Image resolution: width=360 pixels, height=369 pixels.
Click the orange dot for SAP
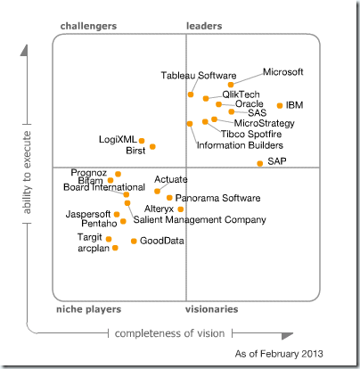pyautogui.click(x=260, y=163)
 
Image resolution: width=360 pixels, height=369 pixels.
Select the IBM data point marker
pyautogui.click(x=281, y=105)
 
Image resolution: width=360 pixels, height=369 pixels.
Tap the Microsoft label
pyautogui.click(x=283, y=71)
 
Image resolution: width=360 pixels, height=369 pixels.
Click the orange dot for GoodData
pyautogui.click(x=134, y=241)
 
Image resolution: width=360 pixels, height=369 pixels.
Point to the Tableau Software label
pyautogui.click(x=198, y=75)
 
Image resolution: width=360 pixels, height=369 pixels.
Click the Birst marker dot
pyautogui.click(x=153, y=146)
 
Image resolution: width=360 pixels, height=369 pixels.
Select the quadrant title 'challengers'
pyautogui.click(x=88, y=27)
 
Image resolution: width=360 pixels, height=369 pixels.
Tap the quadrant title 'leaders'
pyautogui.click(x=204, y=27)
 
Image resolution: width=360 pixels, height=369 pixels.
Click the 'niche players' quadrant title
pyautogui.click(x=87, y=309)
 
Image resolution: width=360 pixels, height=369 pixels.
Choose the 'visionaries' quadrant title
pyautogui.click(x=212, y=309)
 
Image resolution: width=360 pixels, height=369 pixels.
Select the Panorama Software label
pyautogui.click(x=217, y=198)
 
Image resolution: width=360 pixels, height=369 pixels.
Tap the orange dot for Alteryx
pyautogui.click(x=181, y=209)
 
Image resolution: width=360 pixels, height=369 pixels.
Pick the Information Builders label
pyautogui.click(x=240, y=144)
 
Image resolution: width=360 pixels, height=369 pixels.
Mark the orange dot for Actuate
pyautogui.click(x=158, y=191)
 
